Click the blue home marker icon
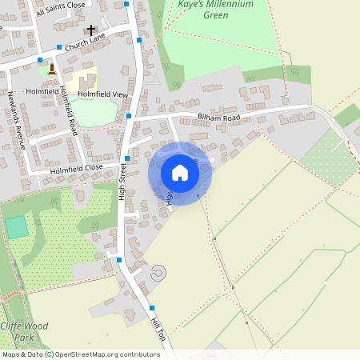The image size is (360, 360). [179, 173]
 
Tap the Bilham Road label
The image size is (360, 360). [218, 118]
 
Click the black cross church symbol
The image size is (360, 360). [102, 30]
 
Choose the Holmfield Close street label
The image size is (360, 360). [76, 169]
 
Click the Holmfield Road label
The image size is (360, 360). [68, 110]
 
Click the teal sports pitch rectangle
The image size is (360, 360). [17, 227]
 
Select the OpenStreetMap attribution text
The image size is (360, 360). [81, 354]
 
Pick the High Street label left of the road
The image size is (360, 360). [122, 183]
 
